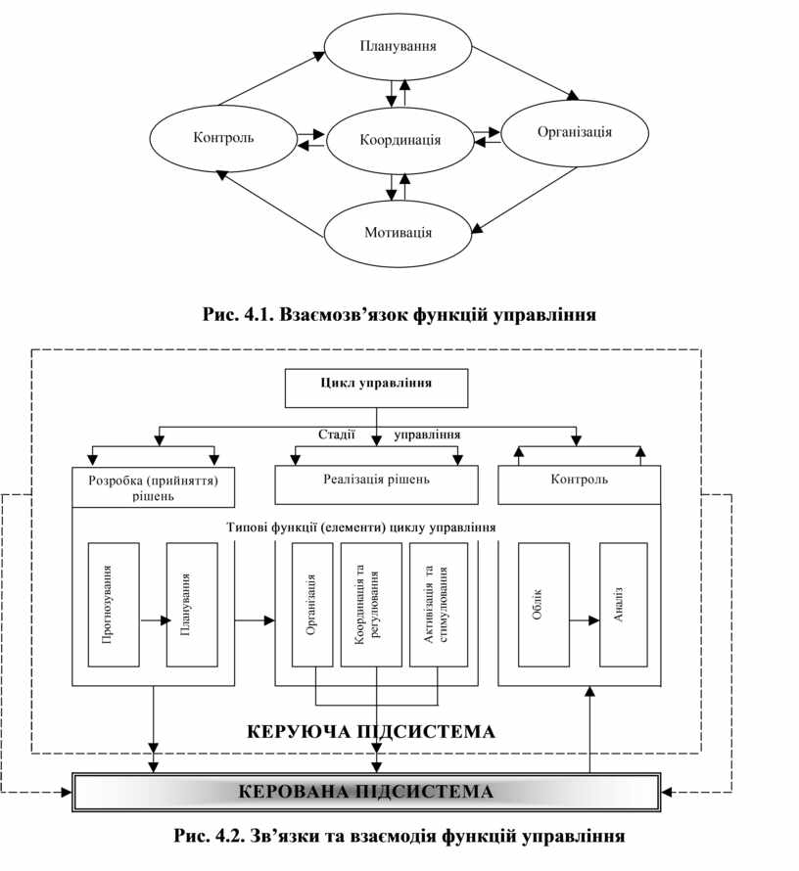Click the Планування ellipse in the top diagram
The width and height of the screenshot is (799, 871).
click(x=398, y=46)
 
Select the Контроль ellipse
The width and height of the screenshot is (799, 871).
click(x=222, y=137)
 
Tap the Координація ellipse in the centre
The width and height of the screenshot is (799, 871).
click(x=399, y=140)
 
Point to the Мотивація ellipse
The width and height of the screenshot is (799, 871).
click(x=398, y=233)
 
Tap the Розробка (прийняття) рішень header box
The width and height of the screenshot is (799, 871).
click(x=153, y=486)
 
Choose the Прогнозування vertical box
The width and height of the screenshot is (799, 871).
click(x=113, y=605)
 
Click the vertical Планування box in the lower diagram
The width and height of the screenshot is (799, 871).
click(x=191, y=605)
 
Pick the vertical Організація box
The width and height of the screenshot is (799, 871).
click(x=312, y=605)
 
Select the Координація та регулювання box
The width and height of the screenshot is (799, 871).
click(x=371, y=605)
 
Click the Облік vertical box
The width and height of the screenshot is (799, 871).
click(x=542, y=605)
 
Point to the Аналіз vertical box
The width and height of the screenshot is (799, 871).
click(x=623, y=605)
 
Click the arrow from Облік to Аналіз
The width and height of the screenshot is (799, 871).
click(x=583, y=619)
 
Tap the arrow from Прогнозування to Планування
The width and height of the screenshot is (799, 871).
click(x=153, y=619)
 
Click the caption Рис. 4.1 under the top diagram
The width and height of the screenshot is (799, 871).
click(x=399, y=315)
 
